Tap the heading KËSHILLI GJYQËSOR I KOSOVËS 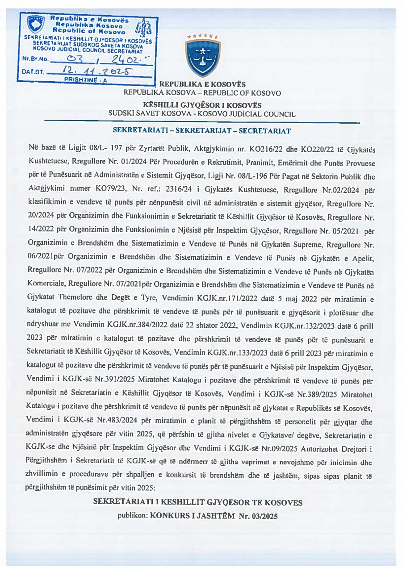[202, 105]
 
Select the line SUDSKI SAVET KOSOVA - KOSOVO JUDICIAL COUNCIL [202, 114]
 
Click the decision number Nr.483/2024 [121, 421]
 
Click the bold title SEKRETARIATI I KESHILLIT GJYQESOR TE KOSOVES [197, 502]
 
